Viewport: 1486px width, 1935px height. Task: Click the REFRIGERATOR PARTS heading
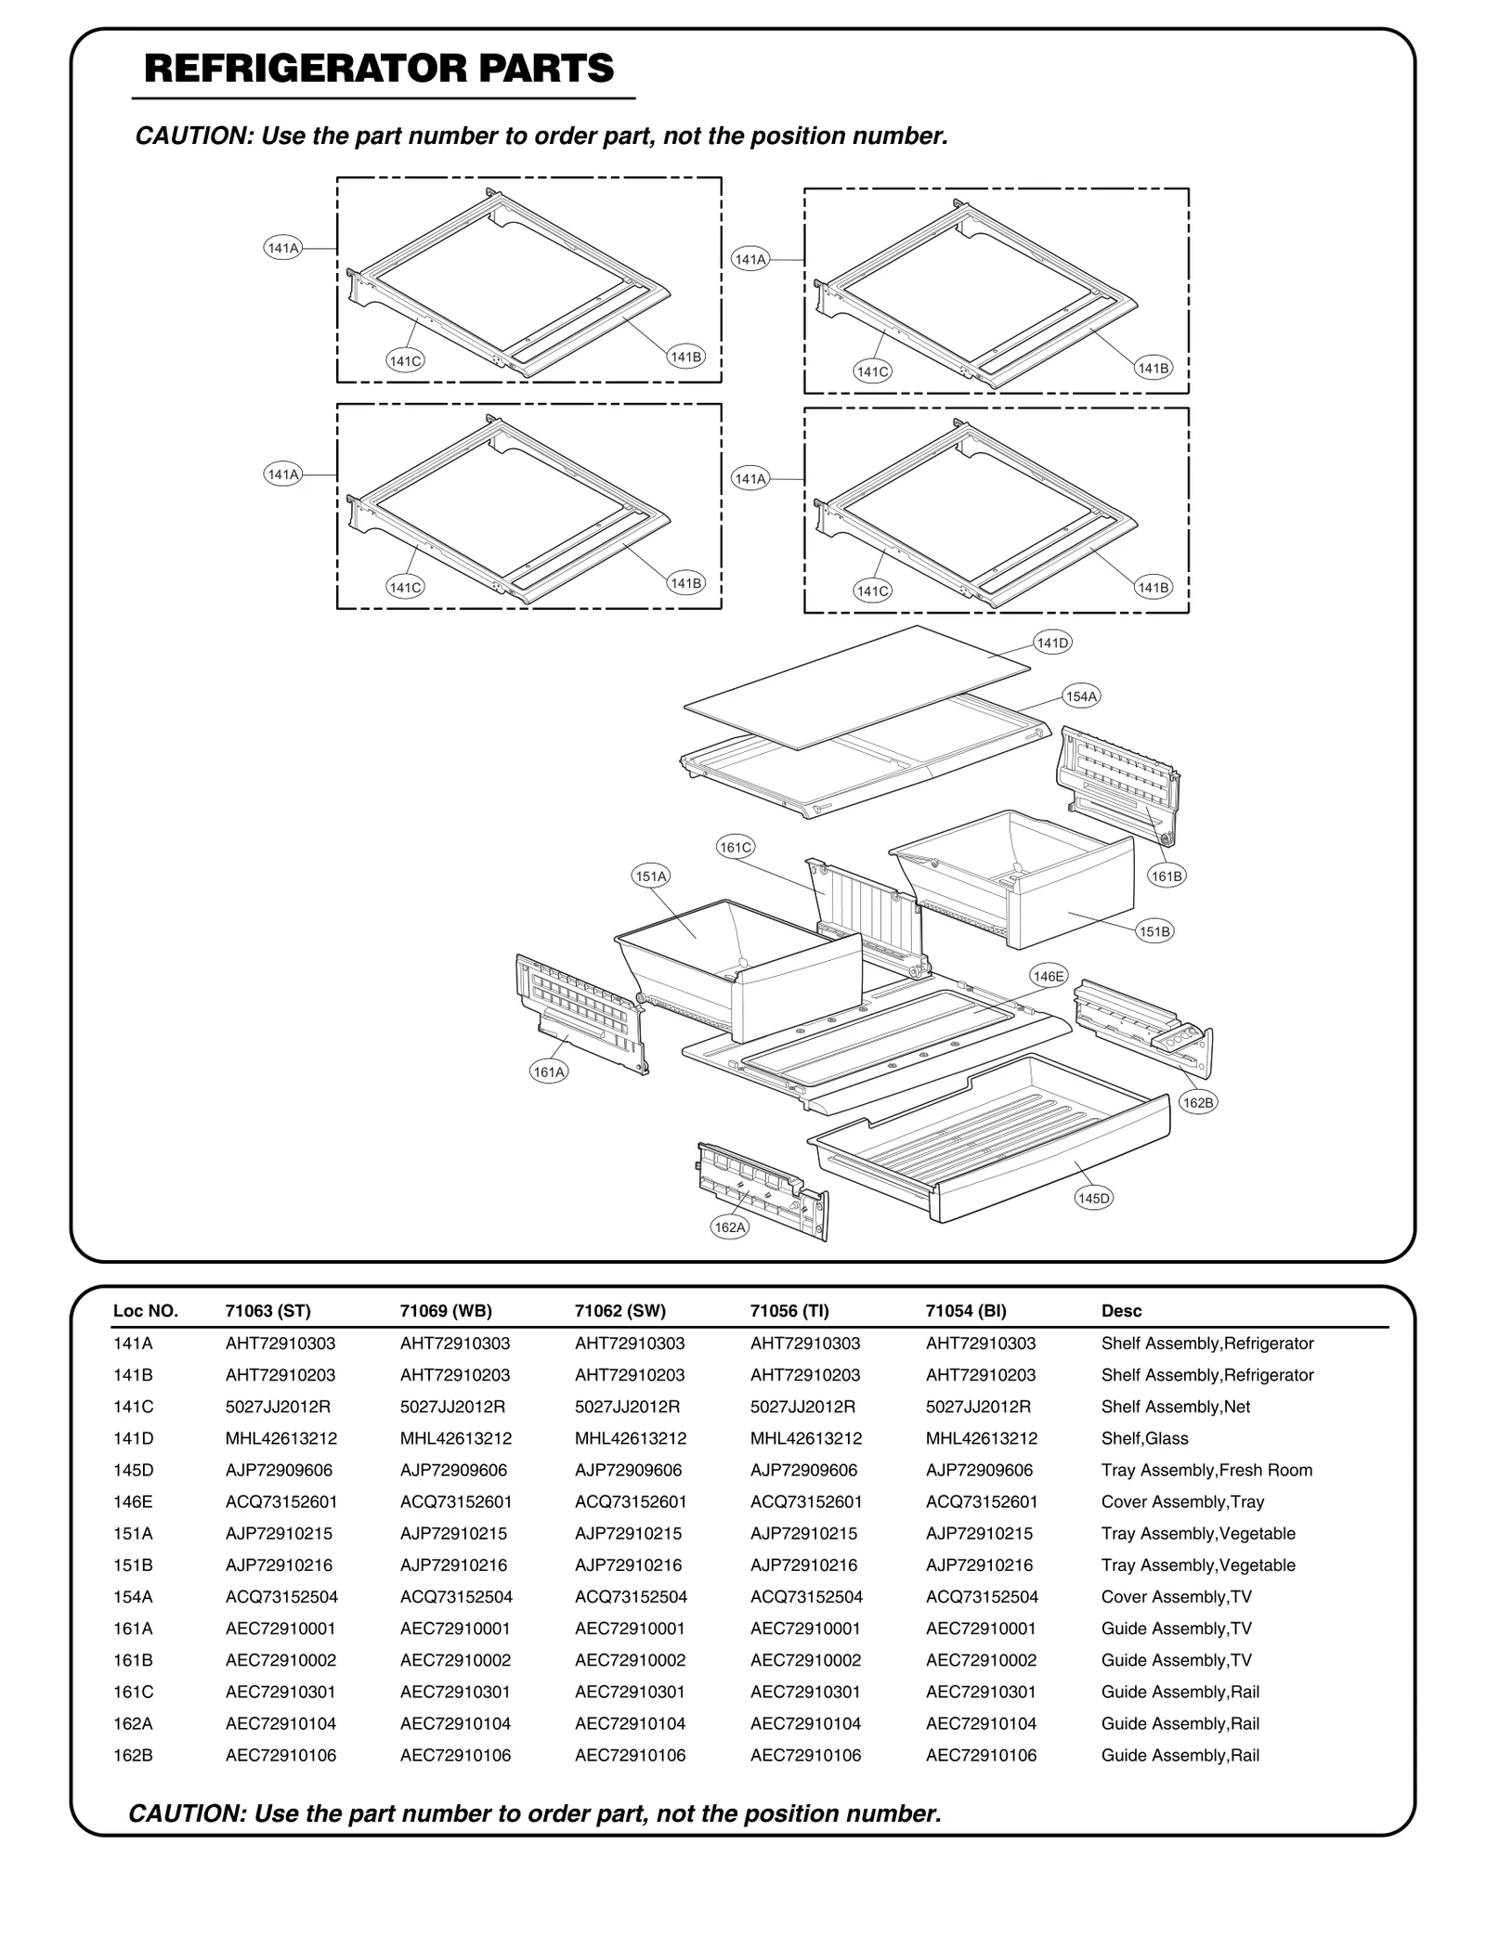[379, 69]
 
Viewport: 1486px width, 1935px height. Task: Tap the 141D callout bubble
[1052, 643]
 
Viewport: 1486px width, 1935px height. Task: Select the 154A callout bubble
[1081, 696]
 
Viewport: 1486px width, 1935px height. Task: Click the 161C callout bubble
[736, 847]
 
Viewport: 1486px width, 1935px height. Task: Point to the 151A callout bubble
[651, 876]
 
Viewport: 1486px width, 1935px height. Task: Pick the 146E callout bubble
[1049, 976]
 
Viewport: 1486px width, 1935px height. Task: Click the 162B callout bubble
[1197, 1103]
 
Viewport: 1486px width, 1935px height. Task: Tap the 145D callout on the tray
[1093, 1199]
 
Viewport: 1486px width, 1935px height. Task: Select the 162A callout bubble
[729, 1227]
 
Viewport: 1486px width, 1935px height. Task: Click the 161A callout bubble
[549, 1072]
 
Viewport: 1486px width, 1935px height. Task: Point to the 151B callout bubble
[1154, 931]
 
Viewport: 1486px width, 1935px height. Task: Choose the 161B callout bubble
[1167, 876]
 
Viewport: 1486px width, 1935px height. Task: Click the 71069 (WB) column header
[446, 1311]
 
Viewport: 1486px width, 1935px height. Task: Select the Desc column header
[1121, 1311]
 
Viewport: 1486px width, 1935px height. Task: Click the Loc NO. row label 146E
[133, 1501]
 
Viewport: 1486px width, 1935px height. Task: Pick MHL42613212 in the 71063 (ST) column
[281, 1438]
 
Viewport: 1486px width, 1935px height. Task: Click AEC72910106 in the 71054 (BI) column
[981, 1755]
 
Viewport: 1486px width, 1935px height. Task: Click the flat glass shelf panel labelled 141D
[854, 687]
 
